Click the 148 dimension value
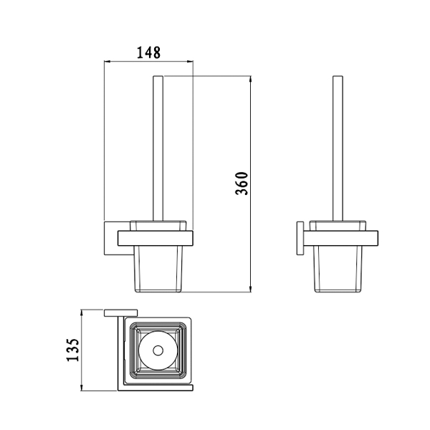click(148, 52)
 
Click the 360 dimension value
click(242, 183)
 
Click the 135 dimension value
click(73, 350)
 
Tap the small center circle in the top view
click(158, 350)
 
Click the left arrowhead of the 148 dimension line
click(107, 62)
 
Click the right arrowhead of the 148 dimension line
click(191, 62)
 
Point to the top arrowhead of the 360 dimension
click(250, 80)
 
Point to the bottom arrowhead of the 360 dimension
click(250, 289)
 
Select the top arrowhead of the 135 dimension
click(82, 312)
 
